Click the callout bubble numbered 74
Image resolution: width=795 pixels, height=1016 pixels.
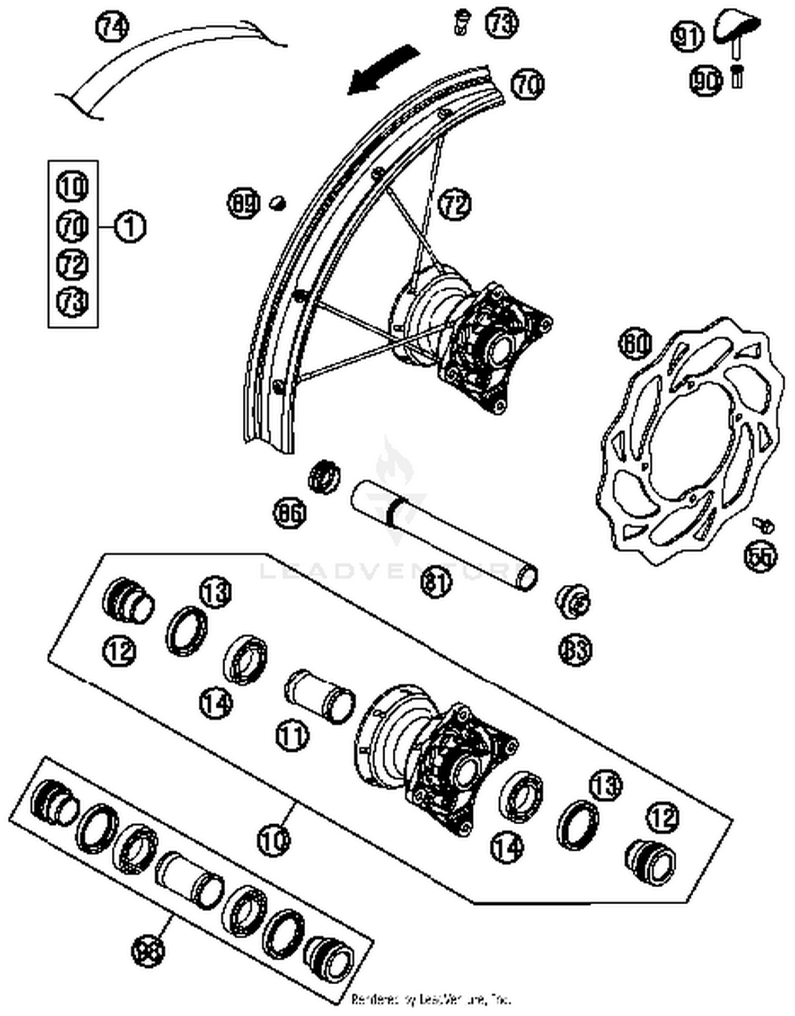(x=112, y=26)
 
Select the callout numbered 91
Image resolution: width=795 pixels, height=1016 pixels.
(x=687, y=36)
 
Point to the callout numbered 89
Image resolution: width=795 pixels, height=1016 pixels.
(x=244, y=203)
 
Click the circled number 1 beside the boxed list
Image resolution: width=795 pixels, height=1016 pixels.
(x=130, y=227)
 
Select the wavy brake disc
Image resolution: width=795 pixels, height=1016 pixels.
(x=689, y=440)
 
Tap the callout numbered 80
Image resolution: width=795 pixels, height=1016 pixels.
(x=635, y=344)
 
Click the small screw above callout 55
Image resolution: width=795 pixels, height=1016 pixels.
(x=763, y=524)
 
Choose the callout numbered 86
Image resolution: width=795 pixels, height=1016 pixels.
(x=290, y=513)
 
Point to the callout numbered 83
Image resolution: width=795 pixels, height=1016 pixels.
(x=575, y=648)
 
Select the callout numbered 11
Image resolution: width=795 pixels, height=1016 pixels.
(x=292, y=735)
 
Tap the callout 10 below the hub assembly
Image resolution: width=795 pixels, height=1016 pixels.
(x=274, y=839)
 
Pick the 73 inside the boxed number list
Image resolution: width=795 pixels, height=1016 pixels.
(x=73, y=301)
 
